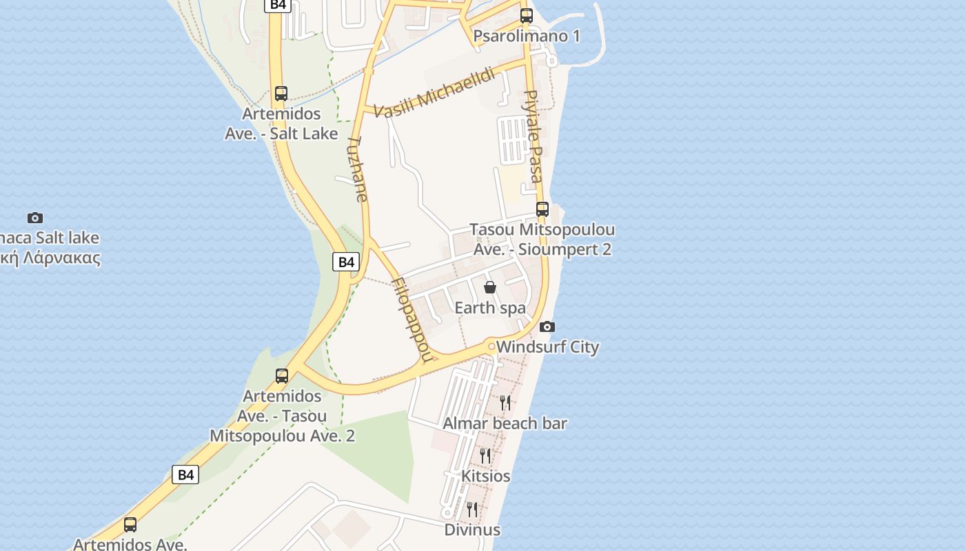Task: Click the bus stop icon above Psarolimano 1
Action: point(527,15)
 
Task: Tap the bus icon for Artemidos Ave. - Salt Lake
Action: point(281,94)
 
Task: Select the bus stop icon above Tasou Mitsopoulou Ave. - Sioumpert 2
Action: point(542,209)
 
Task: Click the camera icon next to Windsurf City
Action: point(547,326)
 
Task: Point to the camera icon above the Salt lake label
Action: point(35,218)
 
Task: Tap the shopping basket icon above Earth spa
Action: point(490,287)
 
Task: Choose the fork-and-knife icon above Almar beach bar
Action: point(505,402)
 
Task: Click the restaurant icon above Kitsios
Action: point(485,455)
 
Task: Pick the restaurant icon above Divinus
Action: point(472,509)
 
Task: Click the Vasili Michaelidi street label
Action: point(435,94)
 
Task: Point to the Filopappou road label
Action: point(414,319)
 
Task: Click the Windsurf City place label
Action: point(547,346)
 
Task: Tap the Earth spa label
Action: point(490,308)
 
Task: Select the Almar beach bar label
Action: point(505,423)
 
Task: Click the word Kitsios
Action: point(486,476)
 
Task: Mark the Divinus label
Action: point(472,530)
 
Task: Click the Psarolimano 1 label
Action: point(527,36)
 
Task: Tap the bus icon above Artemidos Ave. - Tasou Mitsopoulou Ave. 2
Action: point(282,376)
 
